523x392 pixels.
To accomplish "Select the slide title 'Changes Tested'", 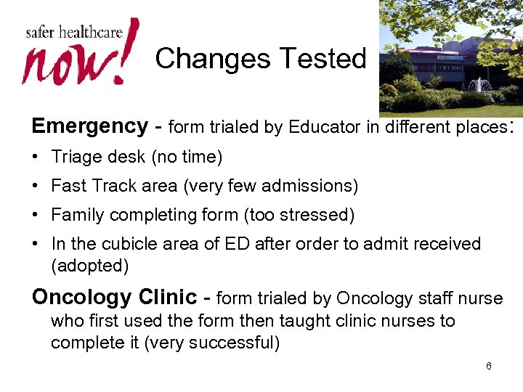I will [260, 59].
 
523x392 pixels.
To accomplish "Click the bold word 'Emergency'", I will [89, 126].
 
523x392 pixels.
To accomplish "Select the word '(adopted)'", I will [89, 266].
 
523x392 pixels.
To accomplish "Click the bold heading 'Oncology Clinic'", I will [114, 298].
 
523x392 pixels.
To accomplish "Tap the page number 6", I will [488, 366].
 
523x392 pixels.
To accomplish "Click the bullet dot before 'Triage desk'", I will [36, 158].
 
